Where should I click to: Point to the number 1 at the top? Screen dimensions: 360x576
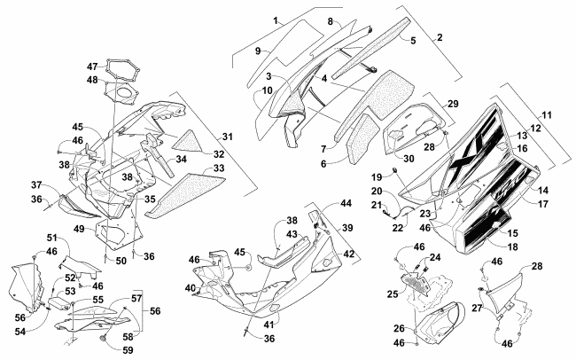coord(252,20)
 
